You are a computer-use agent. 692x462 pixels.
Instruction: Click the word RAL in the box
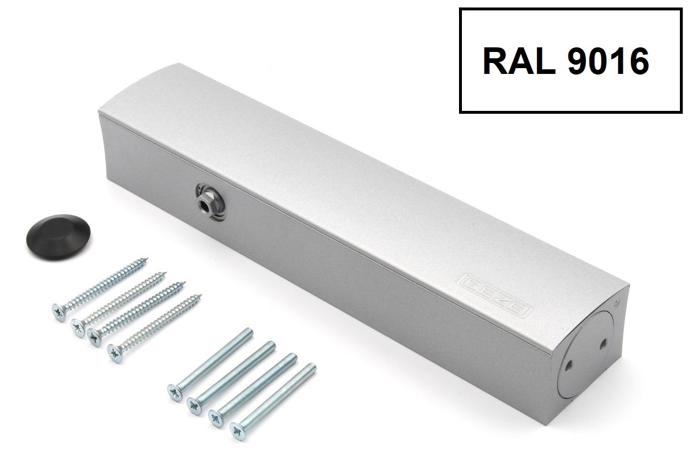[x=518, y=62]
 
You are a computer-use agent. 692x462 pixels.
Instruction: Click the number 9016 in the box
[x=608, y=62]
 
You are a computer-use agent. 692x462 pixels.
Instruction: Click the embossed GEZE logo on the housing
[x=494, y=295]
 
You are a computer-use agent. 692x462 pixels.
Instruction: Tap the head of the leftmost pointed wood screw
[x=59, y=312]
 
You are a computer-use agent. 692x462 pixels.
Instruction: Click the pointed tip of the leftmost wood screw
[x=147, y=259]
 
